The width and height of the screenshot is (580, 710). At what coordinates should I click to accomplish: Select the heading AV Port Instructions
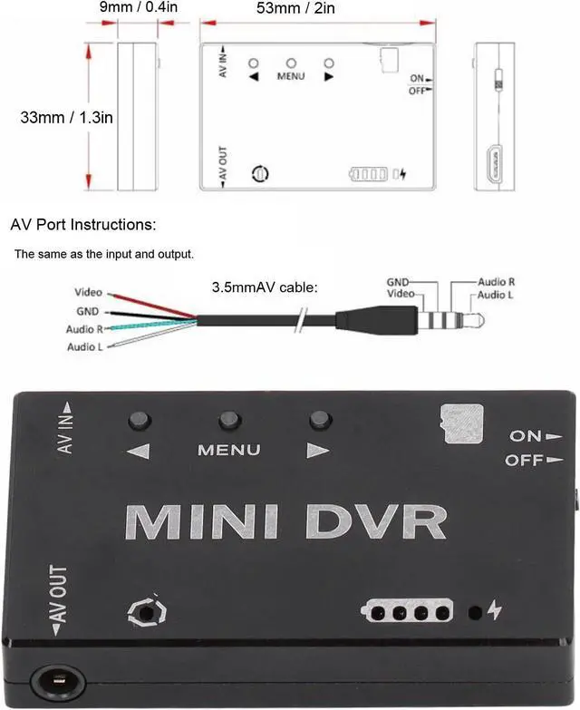(x=83, y=224)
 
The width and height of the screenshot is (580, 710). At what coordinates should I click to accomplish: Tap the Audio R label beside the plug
(x=497, y=283)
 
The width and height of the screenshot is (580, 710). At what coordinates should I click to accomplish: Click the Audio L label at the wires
(x=86, y=347)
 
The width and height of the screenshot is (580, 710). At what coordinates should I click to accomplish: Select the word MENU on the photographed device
(x=229, y=450)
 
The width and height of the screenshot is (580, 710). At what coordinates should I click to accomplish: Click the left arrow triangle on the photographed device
(x=139, y=450)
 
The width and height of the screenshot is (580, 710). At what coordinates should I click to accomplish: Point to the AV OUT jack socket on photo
(x=56, y=680)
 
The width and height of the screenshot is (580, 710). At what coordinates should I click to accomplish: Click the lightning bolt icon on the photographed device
(x=494, y=609)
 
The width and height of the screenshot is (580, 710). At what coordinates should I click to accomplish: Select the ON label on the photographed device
(x=526, y=435)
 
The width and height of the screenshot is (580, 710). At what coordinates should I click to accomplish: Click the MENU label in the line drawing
(x=291, y=77)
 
